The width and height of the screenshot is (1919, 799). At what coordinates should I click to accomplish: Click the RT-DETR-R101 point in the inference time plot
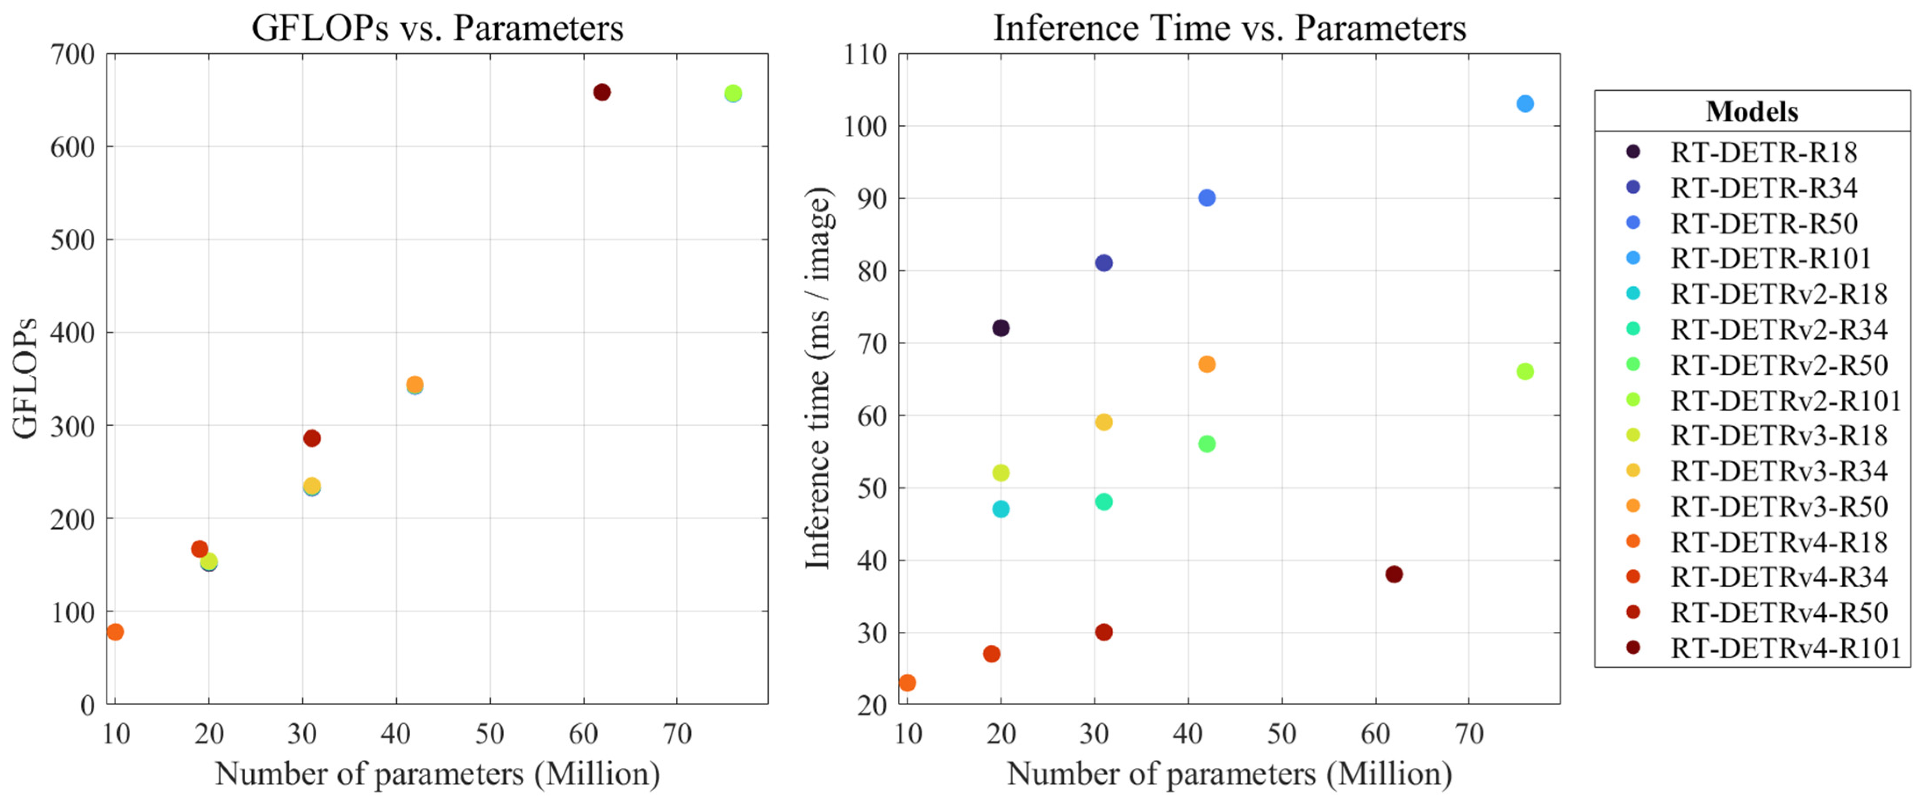pos(1525,104)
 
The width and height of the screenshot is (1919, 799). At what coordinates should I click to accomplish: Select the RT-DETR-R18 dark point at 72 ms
pos(1001,328)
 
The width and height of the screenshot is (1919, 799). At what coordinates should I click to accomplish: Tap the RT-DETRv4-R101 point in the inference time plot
pos(1394,574)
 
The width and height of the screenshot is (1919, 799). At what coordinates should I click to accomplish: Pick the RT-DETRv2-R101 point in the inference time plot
pos(1525,371)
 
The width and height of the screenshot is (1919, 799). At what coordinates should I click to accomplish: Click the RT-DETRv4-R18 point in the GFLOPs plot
pos(115,631)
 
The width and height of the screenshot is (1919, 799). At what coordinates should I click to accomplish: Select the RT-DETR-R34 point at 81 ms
pos(1104,263)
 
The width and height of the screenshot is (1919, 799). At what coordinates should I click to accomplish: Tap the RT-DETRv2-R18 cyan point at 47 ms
pos(1001,509)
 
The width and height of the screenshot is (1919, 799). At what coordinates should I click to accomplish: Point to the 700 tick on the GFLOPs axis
pos(73,54)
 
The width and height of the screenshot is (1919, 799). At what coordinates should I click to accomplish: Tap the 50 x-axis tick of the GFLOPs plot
pos(490,734)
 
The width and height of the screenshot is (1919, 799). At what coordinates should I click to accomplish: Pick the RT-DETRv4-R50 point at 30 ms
pos(1104,632)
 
